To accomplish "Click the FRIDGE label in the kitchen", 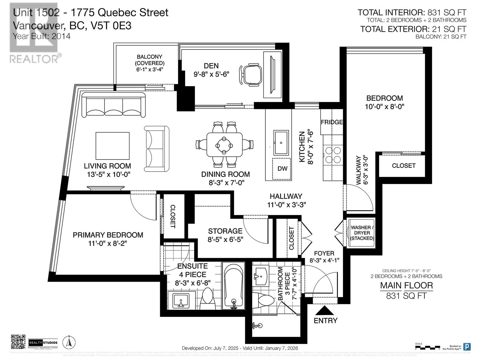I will click(331, 122).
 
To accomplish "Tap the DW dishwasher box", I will click(282, 169).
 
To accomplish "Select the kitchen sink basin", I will click(281, 142).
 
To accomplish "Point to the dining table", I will click(224, 145).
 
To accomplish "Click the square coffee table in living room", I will click(112, 146).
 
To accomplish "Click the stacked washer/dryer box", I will click(362, 233).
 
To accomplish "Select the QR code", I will click(18, 342).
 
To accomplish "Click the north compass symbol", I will click(69, 342).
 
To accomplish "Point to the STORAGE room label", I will click(225, 231).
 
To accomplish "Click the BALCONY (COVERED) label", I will click(149, 60).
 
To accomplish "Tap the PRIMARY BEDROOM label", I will click(108, 235).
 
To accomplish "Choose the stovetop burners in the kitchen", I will click(333, 155).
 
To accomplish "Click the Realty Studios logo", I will click(43, 342).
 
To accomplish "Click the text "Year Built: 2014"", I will click(42, 36).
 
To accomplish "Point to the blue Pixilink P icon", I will click(467, 346).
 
